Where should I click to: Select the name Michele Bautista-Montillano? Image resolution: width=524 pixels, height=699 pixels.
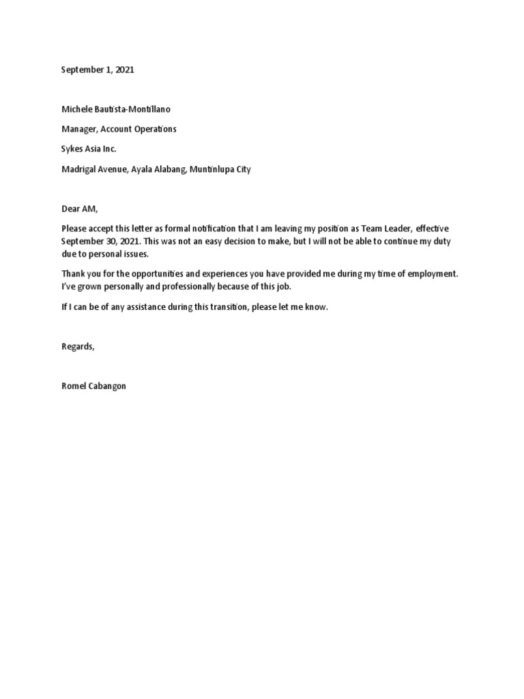pyautogui.click(x=121, y=109)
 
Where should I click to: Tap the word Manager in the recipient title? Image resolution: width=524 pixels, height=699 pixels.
pyautogui.click(x=79, y=129)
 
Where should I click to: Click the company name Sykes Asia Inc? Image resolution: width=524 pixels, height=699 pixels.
pyautogui.click(x=89, y=149)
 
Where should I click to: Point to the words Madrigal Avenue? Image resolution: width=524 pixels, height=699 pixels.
pyautogui.click(x=89, y=169)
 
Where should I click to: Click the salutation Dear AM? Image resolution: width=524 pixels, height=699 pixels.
pyautogui.click(x=80, y=209)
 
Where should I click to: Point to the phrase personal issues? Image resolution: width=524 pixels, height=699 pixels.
pyautogui.click(x=107, y=254)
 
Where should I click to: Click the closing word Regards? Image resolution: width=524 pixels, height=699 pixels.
pyautogui.click(x=77, y=347)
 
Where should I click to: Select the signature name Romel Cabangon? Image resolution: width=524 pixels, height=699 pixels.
pyautogui.click(x=93, y=386)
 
